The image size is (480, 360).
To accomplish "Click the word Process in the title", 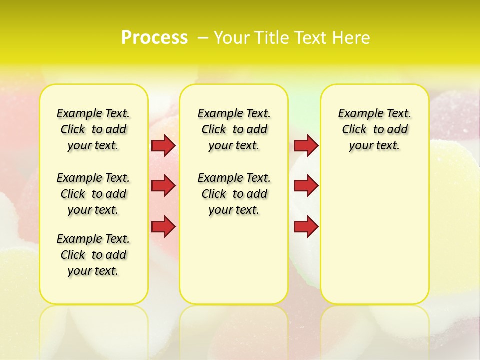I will (x=154, y=37).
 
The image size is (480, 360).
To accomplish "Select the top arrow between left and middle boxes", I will (x=163, y=146).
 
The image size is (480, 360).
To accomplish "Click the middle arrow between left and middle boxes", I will (x=163, y=186).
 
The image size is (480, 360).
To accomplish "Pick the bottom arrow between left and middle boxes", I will (x=163, y=227).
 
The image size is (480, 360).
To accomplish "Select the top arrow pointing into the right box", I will (x=306, y=146).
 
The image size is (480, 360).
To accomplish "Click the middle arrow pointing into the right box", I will (x=306, y=186).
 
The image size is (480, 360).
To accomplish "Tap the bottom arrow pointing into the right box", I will (x=306, y=227).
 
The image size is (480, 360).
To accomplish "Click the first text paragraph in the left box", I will (x=93, y=129).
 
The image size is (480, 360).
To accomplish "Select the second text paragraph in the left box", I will (x=93, y=194).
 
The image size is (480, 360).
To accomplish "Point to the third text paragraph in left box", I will (x=93, y=255).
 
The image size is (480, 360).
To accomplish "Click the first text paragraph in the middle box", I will (x=234, y=129).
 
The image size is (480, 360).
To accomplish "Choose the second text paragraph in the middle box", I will (x=234, y=194).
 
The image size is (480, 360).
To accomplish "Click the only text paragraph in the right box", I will (x=374, y=129).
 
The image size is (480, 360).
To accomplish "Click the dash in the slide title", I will (x=203, y=37).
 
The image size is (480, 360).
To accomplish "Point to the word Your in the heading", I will (x=232, y=37).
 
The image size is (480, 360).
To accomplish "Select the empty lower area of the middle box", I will (x=234, y=260).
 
